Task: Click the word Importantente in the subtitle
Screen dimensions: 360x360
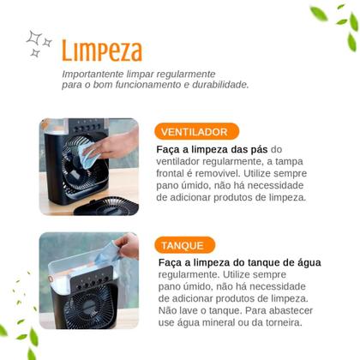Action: point(93,74)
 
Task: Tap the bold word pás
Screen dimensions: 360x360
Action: point(259,149)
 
